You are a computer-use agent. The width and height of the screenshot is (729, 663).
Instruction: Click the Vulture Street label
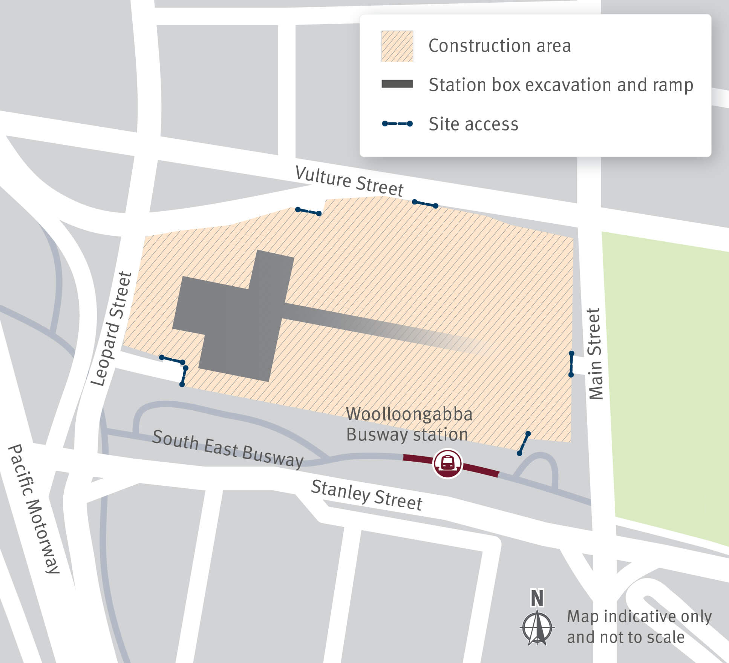tap(349, 181)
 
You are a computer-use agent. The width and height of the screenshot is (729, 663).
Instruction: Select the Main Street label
tap(595, 354)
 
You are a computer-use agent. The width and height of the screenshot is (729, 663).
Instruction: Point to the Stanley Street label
tap(366, 495)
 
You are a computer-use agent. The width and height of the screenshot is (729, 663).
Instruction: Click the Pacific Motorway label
tap(34, 509)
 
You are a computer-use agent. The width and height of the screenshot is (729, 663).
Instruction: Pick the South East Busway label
tap(228, 449)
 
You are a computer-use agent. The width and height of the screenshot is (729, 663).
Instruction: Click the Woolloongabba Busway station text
tap(409, 424)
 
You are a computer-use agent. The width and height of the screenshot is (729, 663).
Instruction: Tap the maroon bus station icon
tap(447, 463)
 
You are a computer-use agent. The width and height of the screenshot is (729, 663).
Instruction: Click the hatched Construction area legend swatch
tap(397, 46)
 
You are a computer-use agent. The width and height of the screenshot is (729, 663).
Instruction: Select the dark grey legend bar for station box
tap(397, 84)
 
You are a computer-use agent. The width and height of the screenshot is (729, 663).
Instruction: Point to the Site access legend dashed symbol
tap(397, 124)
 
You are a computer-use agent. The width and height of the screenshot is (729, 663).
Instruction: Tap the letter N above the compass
tap(537, 598)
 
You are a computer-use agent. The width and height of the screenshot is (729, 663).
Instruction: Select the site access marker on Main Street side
tap(571, 364)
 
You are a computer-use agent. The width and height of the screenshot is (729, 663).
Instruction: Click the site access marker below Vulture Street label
tap(425, 204)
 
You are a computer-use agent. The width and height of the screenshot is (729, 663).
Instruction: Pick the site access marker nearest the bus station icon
tap(524, 444)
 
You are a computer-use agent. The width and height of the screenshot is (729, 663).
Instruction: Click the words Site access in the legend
tap(473, 124)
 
